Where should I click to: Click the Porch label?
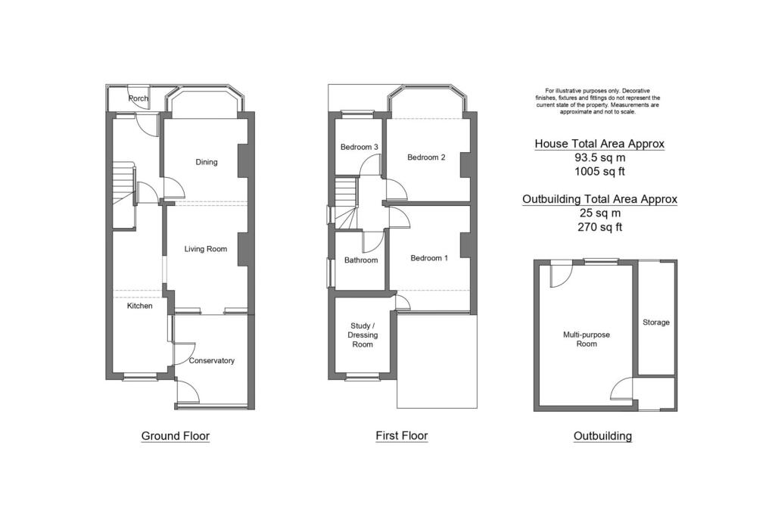click(138, 98)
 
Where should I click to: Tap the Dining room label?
click(206, 162)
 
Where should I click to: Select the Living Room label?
click(206, 248)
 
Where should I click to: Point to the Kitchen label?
click(139, 306)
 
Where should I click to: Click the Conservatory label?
click(212, 360)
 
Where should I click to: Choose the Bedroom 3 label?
click(359, 147)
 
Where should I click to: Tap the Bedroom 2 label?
click(426, 157)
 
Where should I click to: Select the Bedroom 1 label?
click(429, 258)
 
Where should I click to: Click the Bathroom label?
click(361, 260)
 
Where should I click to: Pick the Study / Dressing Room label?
click(363, 335)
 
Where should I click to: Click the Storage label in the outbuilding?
click(656, 322)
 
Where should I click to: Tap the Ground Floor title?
click(176, 436)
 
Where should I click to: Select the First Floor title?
click(401, 436)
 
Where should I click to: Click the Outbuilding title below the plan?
click(602, 436)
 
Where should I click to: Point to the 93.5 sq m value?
click(599, 158)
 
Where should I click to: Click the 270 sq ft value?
click(599, 226)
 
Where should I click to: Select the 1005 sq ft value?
click(599, 172)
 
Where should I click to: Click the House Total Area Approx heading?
click(599, 144)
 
